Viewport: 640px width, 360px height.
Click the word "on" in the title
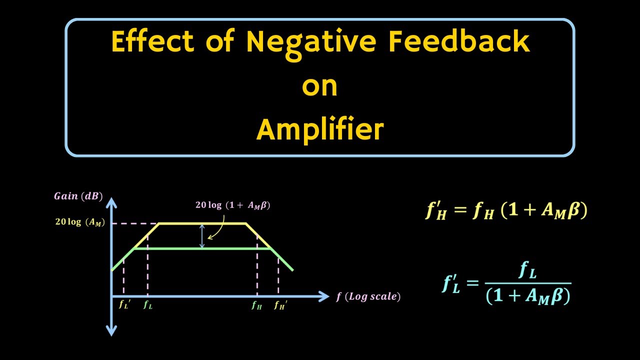click(x=319, y=86)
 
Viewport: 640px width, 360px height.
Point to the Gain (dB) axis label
click(x=78, y=196)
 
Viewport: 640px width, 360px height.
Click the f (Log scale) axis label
click(x=368, y=296)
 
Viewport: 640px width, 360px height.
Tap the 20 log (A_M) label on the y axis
click(x=80, y=223)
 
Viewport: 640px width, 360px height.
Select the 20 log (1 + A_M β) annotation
click(x=232, y=205)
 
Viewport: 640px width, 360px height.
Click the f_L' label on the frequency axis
click(x=124, y=305)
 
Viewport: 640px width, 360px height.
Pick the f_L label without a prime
click(x=147, y=305)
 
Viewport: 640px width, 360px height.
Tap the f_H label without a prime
click(x=256, y=305)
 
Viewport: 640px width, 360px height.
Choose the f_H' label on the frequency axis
click(x=280, y=305)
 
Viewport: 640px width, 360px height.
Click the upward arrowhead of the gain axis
click(x=111, y=202)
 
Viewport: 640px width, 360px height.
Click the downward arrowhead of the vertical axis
click(x=111, y=330)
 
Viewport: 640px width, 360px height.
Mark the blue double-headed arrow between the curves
click(x=202, y=236)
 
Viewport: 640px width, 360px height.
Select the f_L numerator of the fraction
click(x=528, y=271)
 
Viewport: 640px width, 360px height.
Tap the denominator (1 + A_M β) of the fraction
click(x=528, y=296)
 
